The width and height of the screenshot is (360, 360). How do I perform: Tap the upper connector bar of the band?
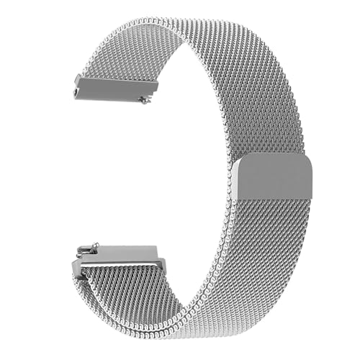click(x=115, y=87)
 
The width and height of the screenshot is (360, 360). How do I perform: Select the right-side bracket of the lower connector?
click(x=160, y=265)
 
